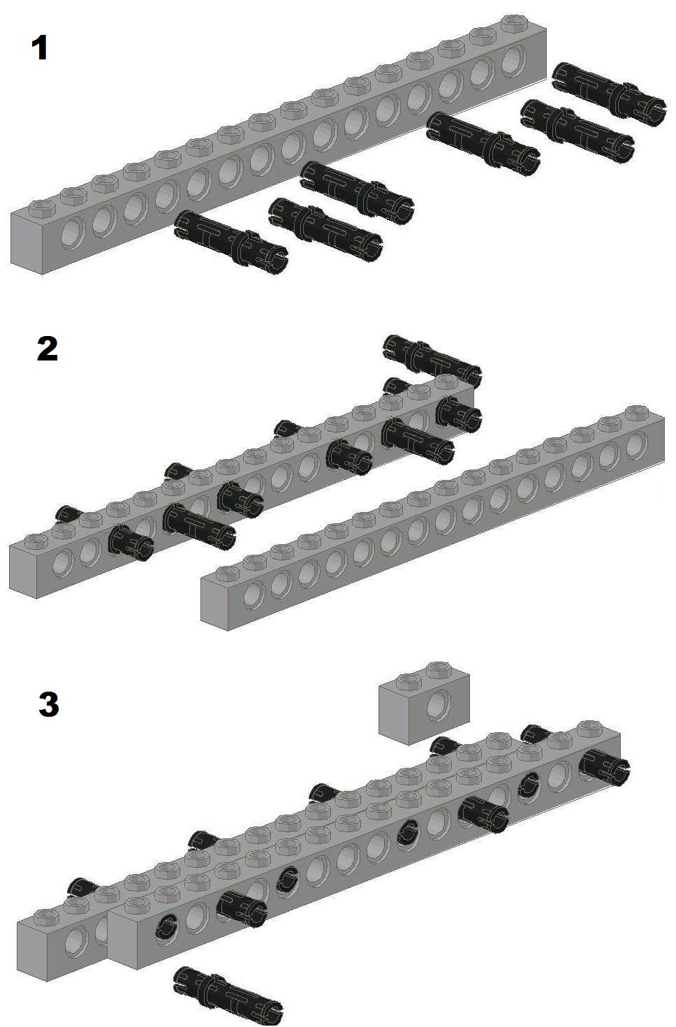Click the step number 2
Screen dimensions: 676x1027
tap(47, 349)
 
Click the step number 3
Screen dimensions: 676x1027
tap(49, 705)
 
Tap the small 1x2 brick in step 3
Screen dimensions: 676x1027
tap(425, 703)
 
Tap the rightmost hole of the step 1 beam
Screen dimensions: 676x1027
tap(514, 60)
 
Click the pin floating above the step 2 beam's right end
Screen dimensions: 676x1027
tap(432, 358)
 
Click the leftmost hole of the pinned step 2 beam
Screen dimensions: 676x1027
tap(63, 564)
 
